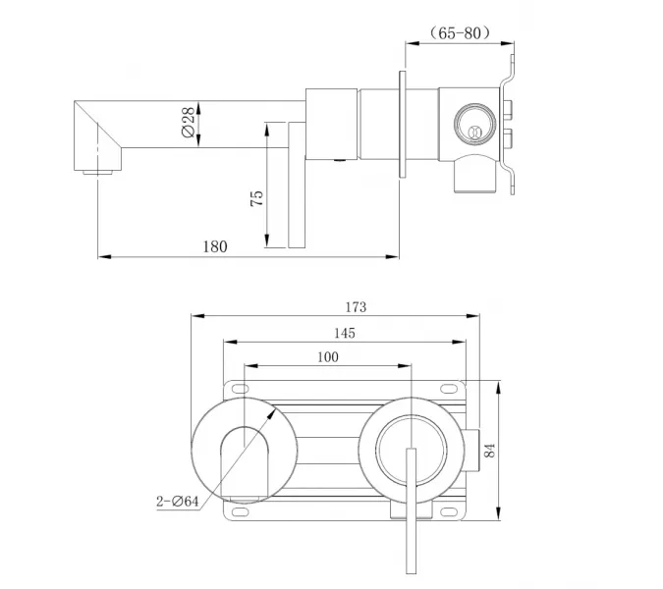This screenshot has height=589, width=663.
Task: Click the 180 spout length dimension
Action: [x=215, y=246]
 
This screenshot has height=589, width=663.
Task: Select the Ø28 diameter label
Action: [x=186, y=123]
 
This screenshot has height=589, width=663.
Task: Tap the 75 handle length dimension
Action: [x=256, y=196]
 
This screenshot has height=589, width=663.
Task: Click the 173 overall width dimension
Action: [x=356, y=307]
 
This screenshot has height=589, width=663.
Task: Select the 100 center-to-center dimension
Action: [x=328, y=357]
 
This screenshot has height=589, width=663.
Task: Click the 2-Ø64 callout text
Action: [x=178, y=502]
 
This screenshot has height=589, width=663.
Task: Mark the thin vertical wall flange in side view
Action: [x=403, y=124]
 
